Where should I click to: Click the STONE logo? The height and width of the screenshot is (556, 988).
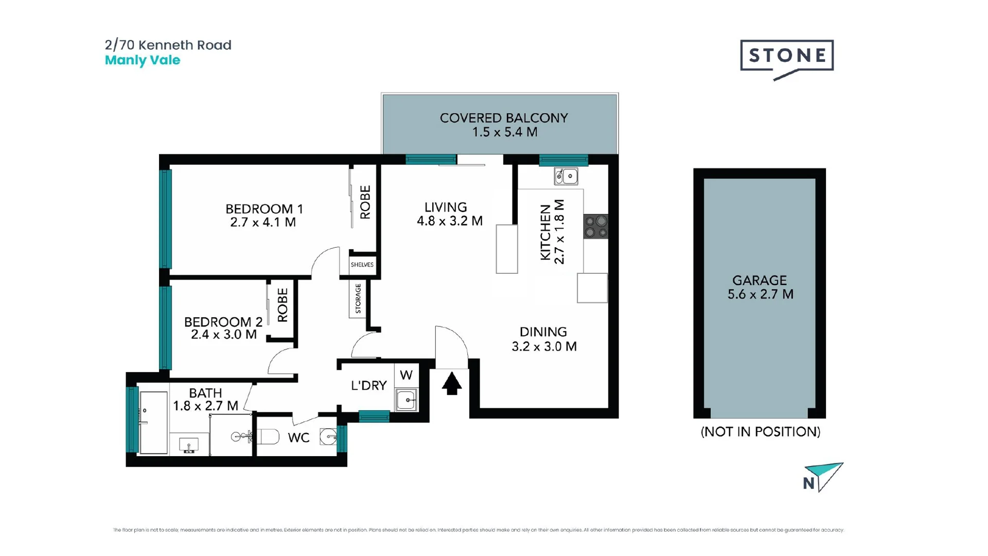[786, 56]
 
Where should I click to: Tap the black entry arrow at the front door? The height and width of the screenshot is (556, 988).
[452, 384]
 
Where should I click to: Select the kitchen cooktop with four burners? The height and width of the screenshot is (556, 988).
[596, 227]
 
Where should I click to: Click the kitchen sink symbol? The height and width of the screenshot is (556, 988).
[566, 176]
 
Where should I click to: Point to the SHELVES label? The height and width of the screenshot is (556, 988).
[362, 265]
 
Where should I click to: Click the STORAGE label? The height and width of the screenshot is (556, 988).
[358, 299]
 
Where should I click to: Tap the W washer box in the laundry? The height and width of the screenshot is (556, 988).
[406, 375]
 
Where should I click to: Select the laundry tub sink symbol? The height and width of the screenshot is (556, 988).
[406, 400]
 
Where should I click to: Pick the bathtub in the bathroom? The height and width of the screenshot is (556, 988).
[153, 423]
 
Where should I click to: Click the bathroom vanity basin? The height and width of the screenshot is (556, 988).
[189, 445]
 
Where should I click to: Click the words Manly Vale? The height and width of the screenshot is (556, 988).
[143, 60]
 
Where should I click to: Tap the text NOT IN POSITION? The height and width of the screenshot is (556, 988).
[760, 431]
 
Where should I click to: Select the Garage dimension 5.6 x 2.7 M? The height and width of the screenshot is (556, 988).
[760, 294]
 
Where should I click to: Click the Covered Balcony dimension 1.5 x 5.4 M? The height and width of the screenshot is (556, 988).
[504, 132]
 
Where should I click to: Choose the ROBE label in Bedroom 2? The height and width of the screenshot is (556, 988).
[283, 305]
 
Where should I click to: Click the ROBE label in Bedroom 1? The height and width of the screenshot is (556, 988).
[365, 202]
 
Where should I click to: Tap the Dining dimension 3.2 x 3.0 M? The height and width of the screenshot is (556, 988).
[544, 346]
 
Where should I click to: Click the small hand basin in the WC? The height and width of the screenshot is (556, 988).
[328, 437]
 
